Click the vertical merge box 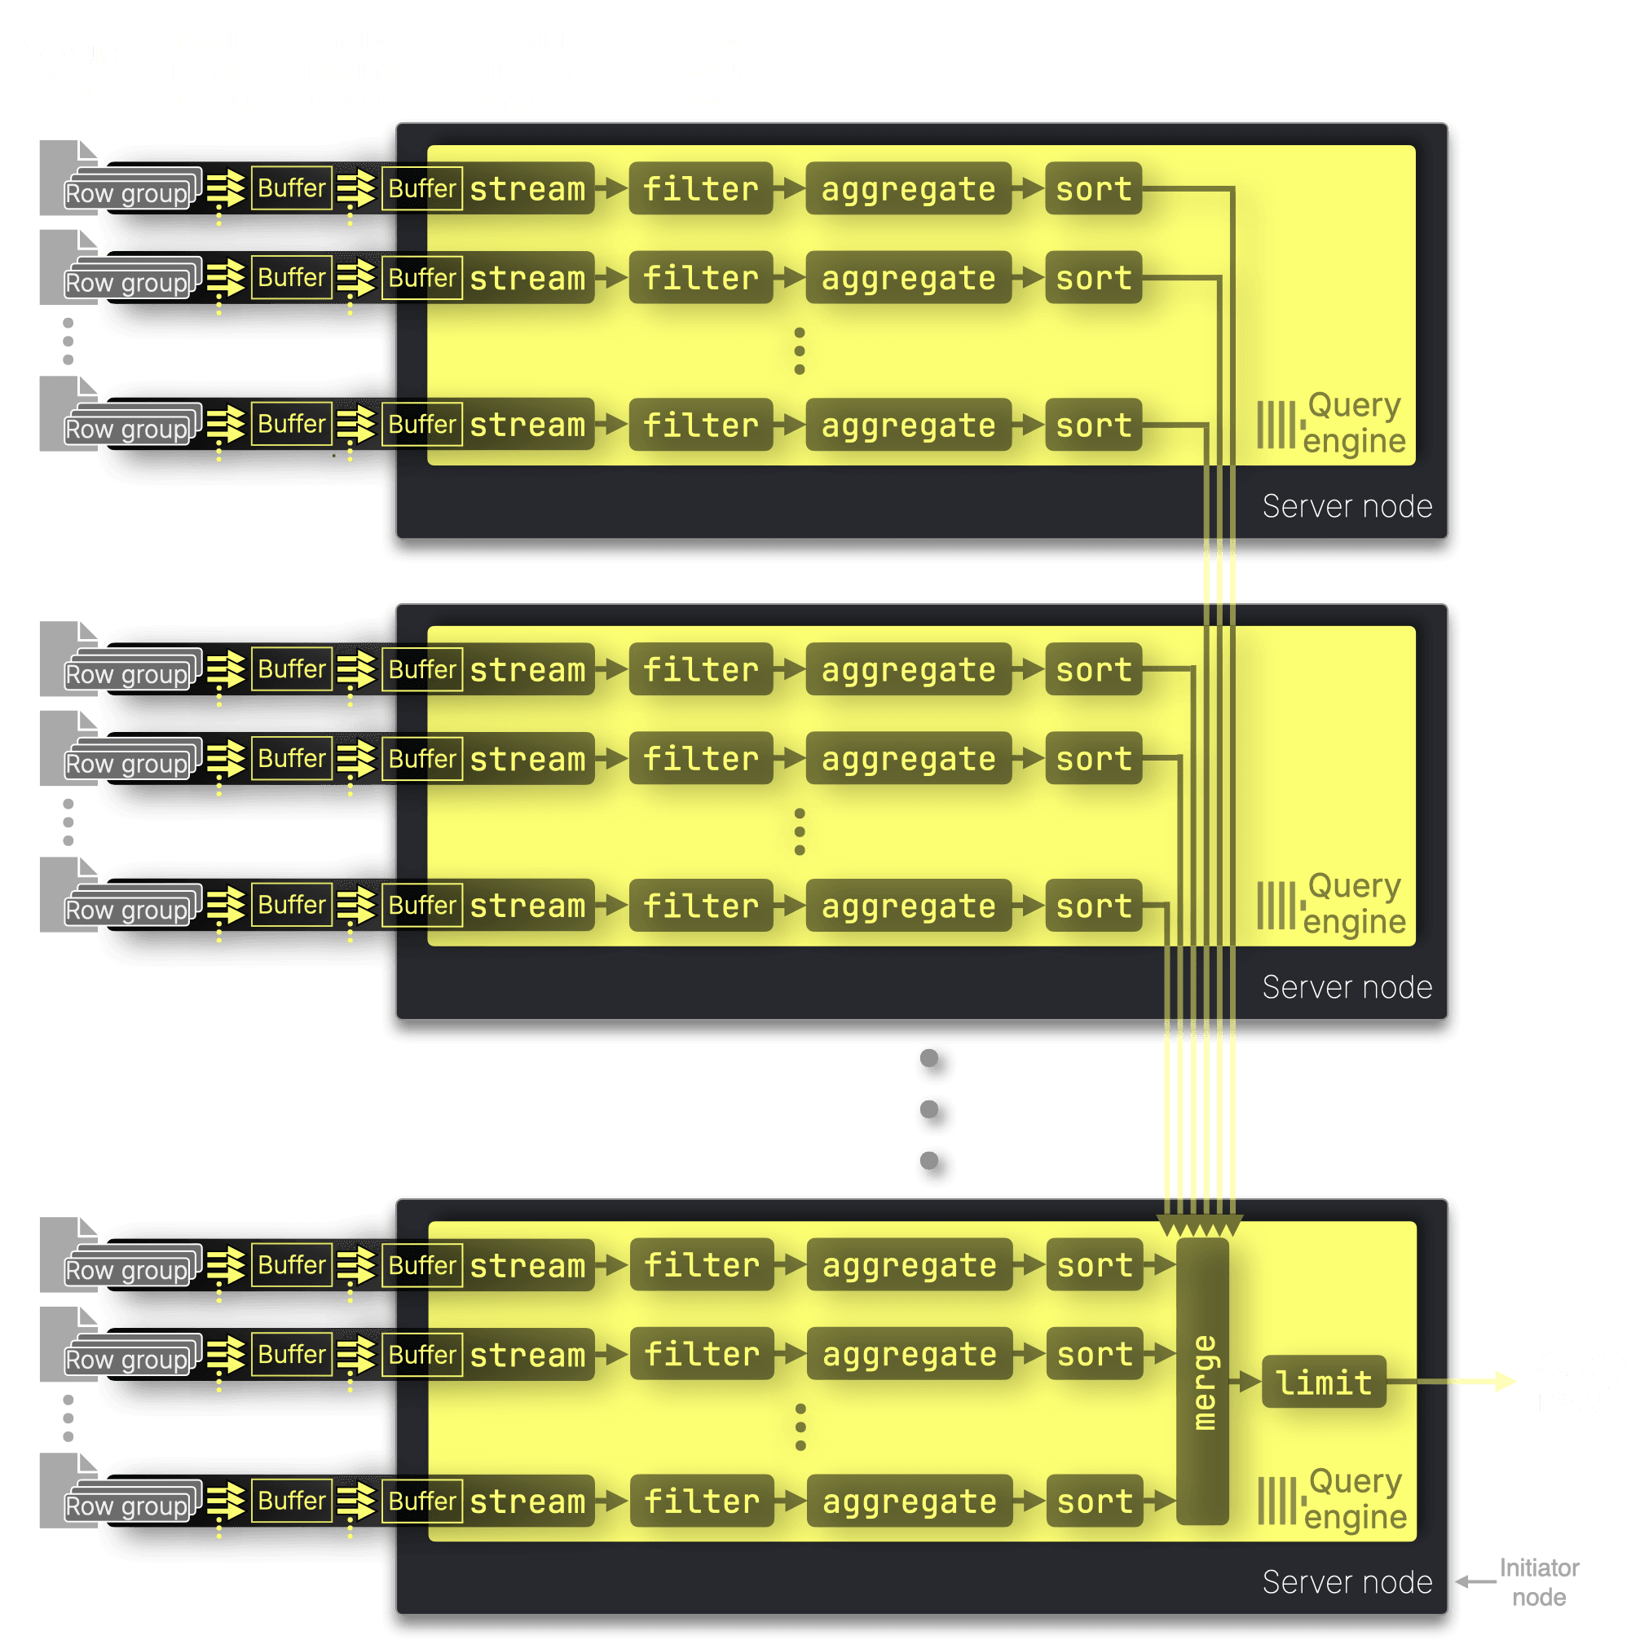pos(1201,1380)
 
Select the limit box pos(1323,1382)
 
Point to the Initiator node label pos(1539,1581)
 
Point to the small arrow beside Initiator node pos(1475,1582)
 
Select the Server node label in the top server pos(1347,506)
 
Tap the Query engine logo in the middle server pos(1331,903)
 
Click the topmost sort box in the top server pos(1093,188)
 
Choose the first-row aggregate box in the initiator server pos(909,1264)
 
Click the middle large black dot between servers pos(934,1113)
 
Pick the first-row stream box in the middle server pos(528,669)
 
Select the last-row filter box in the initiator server pos(702,1500)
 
